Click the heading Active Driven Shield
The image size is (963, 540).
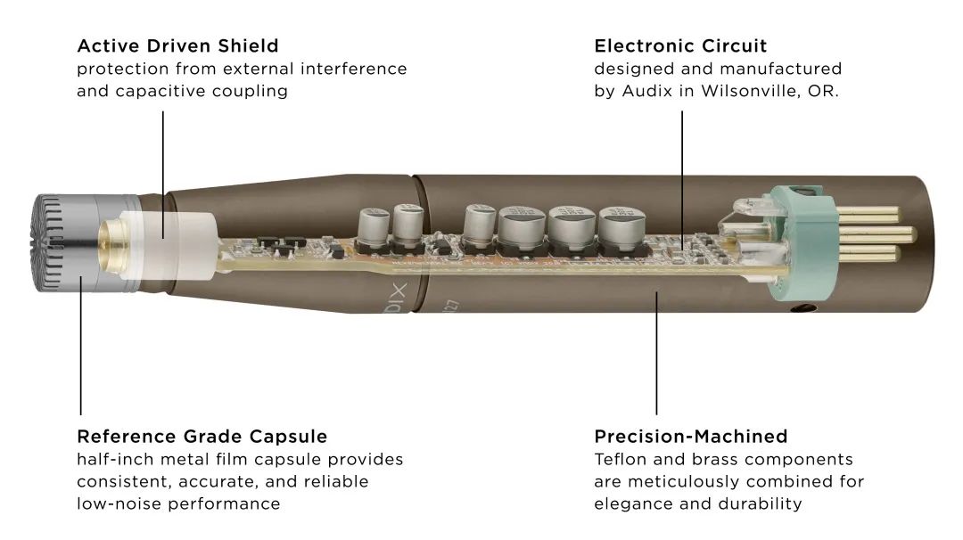pos(177,46)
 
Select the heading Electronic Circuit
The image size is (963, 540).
pos(680,46)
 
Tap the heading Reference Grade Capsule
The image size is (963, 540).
pos(202,437)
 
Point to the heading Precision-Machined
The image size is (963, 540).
pos(691,437)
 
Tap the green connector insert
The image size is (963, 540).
pos(799,241)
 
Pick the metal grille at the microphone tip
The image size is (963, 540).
pos(48,243)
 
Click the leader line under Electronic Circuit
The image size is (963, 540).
pos(682,180)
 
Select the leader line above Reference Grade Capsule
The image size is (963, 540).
pos(80,346)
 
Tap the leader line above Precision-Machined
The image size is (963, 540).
pos(656,354)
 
